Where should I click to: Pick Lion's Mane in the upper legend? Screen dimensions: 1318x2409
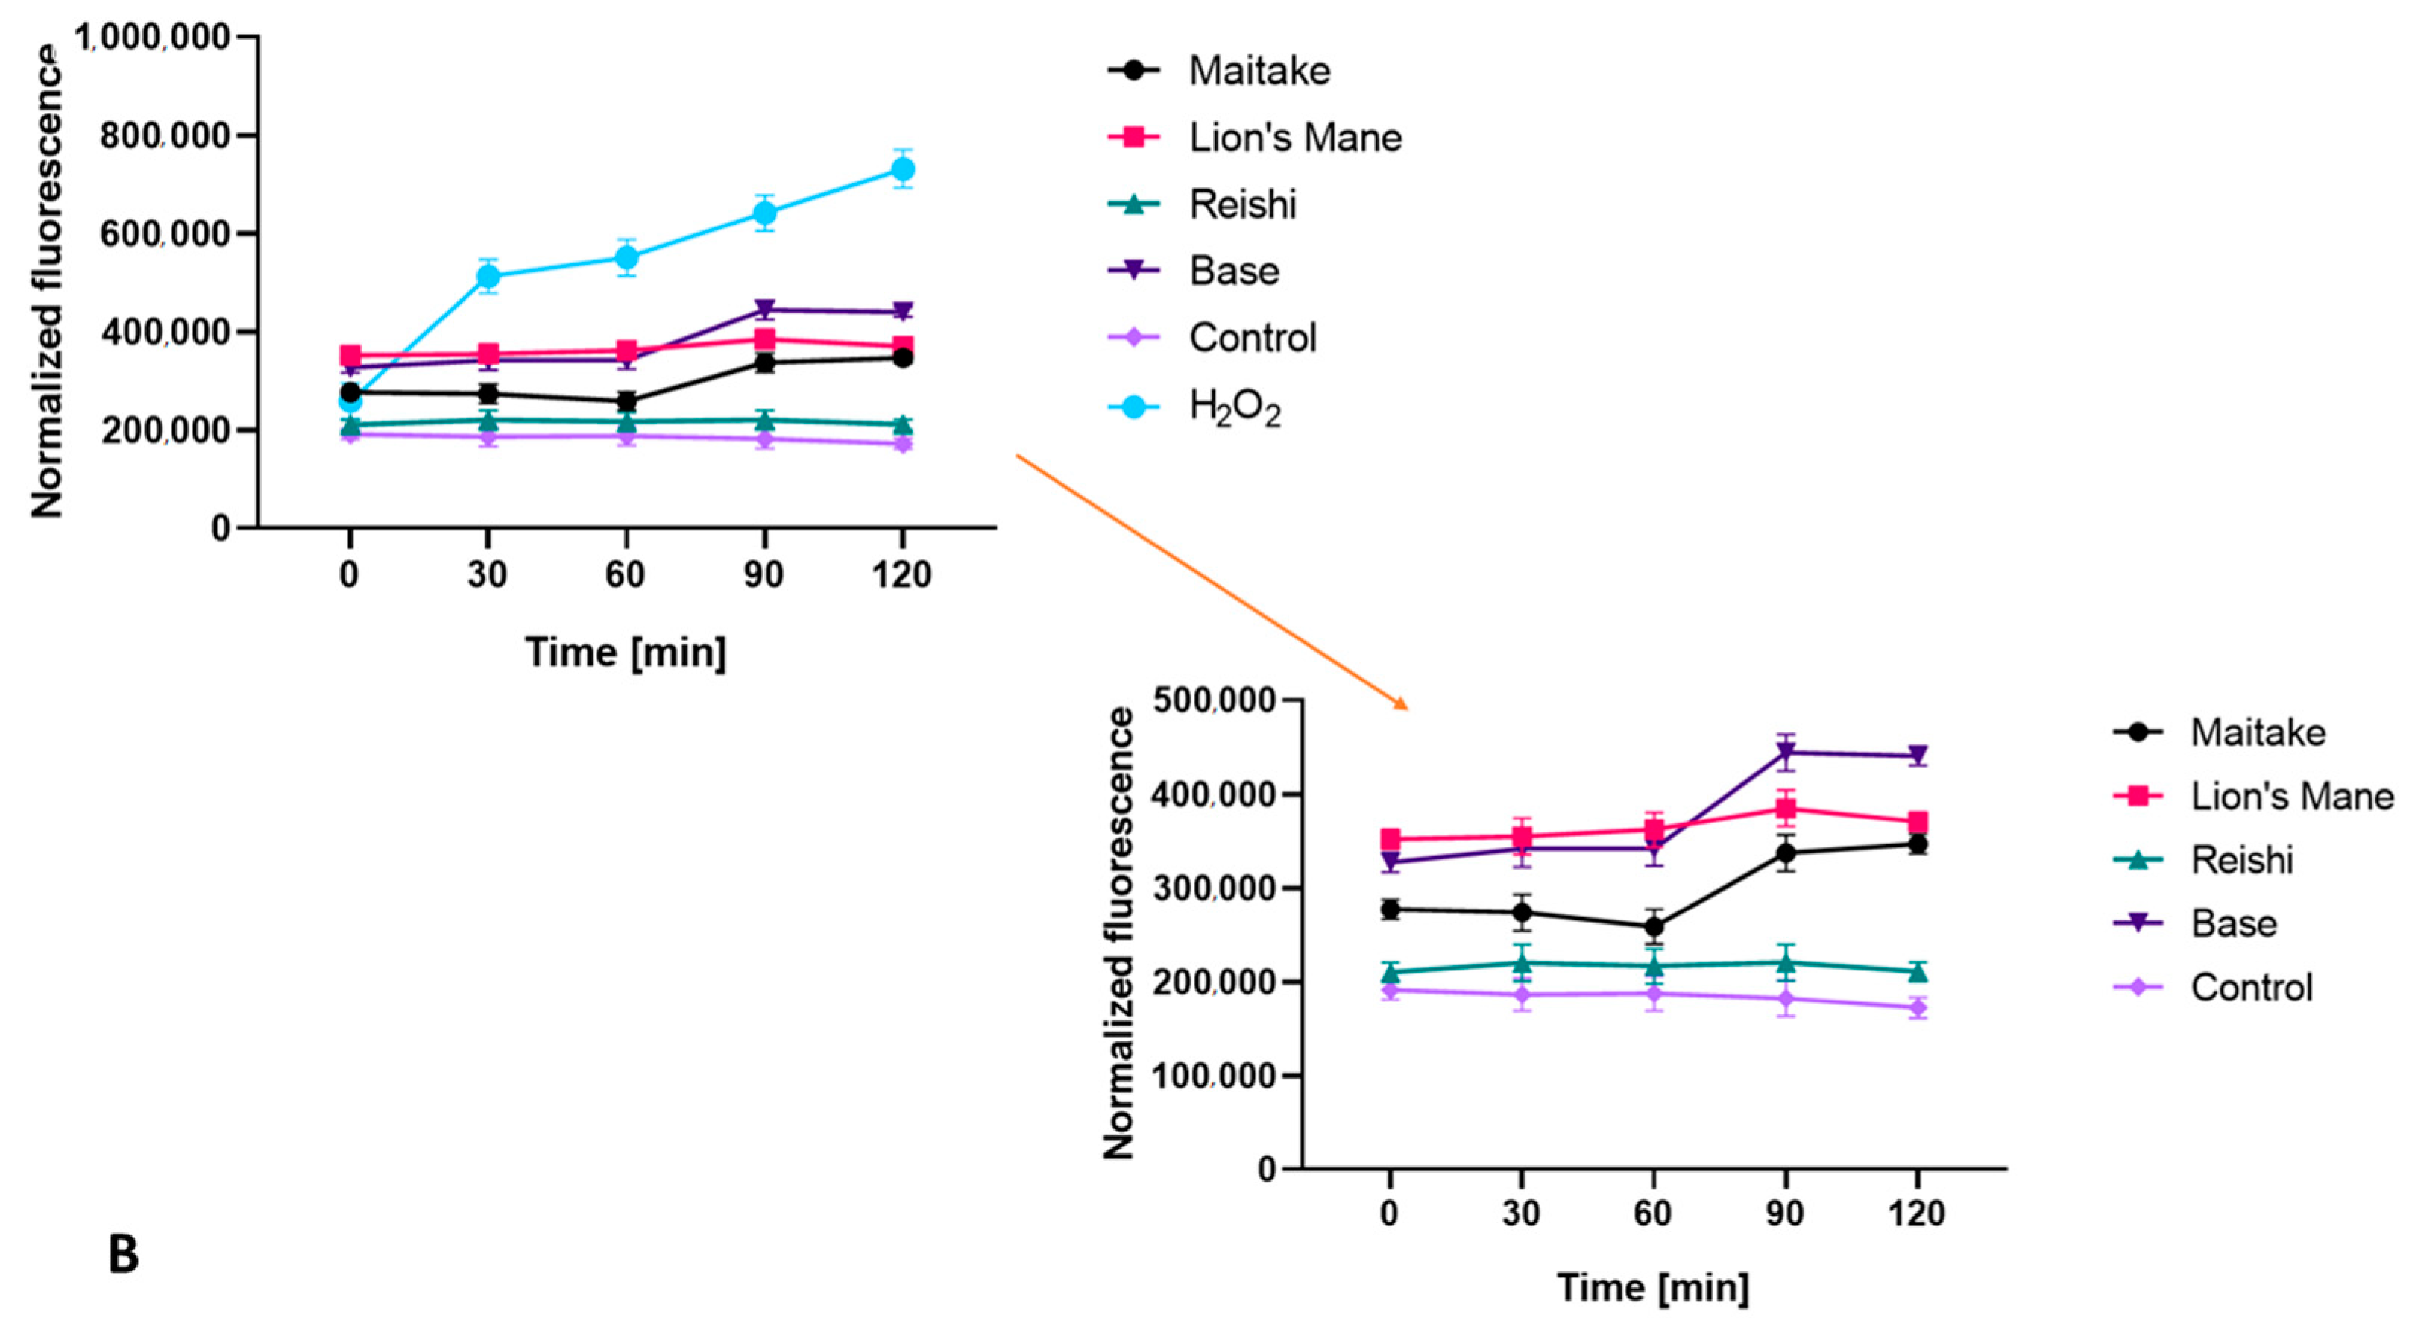pos(1294,137)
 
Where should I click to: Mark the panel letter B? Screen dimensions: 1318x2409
pos(124,1255)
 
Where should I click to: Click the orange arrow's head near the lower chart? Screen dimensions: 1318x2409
pos(1402,706)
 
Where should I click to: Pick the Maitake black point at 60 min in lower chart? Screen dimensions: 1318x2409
pos(1654,927)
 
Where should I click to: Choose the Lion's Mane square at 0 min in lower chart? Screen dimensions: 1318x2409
pos(1390,839)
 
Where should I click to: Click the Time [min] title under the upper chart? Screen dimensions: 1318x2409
pos(625,652)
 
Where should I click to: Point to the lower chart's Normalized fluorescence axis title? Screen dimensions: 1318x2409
pos(1118,934)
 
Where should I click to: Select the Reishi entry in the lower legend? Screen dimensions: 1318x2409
pos(2240,860)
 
